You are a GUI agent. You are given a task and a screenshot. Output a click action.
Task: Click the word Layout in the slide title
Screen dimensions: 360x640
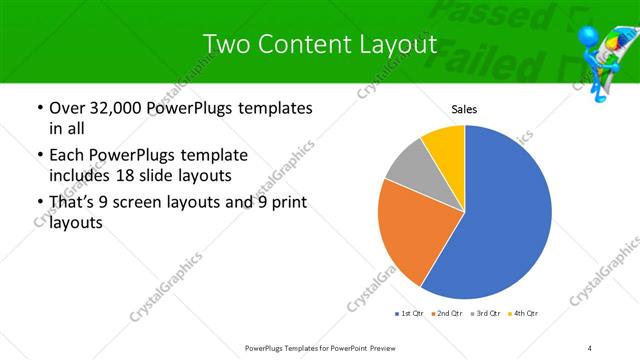tap(394, 44)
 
